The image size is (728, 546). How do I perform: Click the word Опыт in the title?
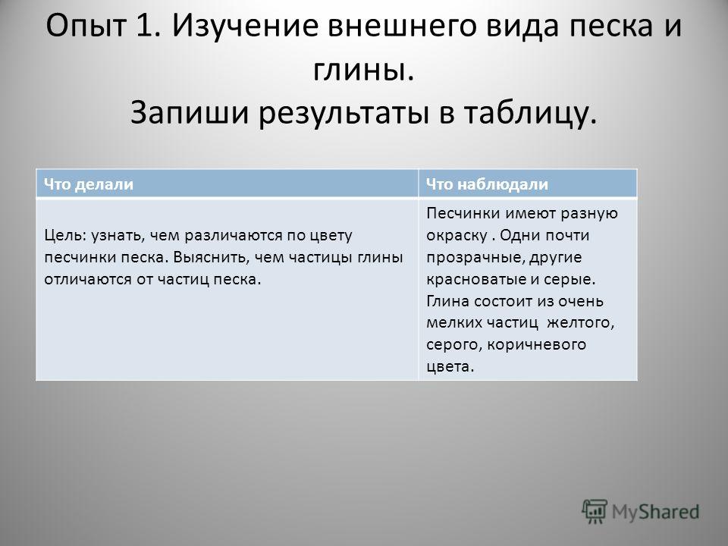[86, 26]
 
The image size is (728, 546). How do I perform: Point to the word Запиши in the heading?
[190, 113]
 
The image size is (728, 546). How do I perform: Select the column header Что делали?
[89, 184]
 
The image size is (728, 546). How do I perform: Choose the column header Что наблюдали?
[487, 184]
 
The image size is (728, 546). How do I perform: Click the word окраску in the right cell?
[457, 236]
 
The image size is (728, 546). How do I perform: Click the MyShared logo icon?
[595, 512]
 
